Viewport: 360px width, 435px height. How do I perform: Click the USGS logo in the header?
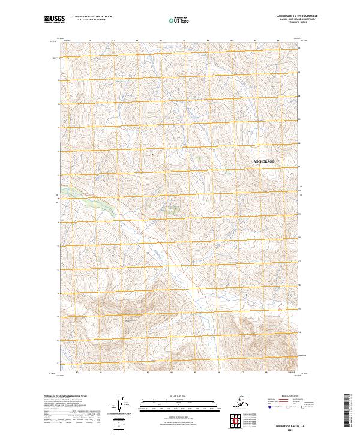pos(56,19)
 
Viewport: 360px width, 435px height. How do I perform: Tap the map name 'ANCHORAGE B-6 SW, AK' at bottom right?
pos(283,422)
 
